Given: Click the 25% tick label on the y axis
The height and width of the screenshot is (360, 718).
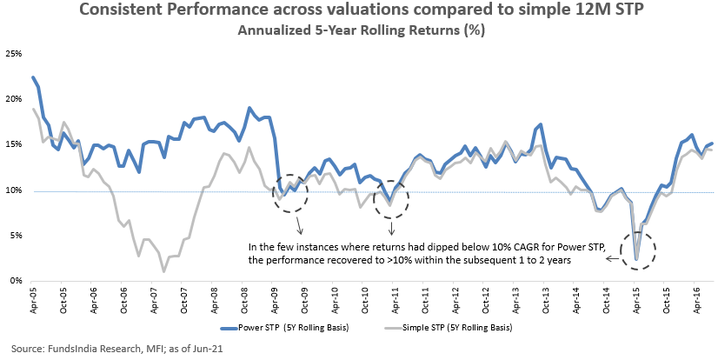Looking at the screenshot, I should pyautogui.click(x=15, y=54).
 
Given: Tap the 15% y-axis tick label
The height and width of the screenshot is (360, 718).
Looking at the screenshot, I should pyautogui.click(x=15, y=144).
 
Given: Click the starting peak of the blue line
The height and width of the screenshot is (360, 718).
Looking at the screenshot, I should pyautogui.click(x=33, y=78).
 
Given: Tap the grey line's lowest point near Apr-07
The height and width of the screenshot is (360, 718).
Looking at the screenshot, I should pyautogui.click(x=163, y=271).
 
